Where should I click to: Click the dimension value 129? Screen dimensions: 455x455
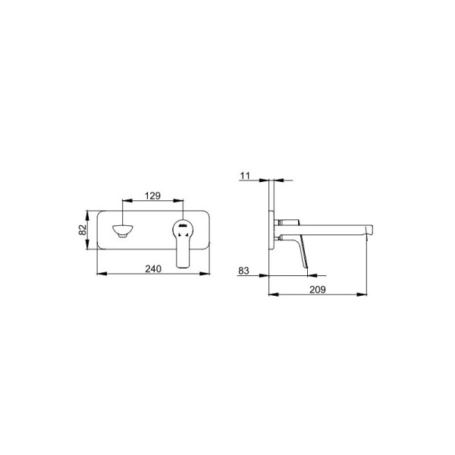pyautogui.click(x=152, y=196)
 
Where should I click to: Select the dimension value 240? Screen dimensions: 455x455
pyautogui.click(x=153, y=269)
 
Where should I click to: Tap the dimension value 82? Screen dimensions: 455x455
pyautogui.click(x=83, y=230)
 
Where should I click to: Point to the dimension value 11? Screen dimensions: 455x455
pyautogui.click(x=245, y=176)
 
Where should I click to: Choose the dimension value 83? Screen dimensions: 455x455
pyautogui.click(x=243, y=271)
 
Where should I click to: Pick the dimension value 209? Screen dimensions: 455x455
pyautogui.click(x=318, y=290)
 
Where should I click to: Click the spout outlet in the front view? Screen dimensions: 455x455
pyautogui.click(x=123, y=231)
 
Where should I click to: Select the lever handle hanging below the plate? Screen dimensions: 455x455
pyautogui.click(x=183, y=251)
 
